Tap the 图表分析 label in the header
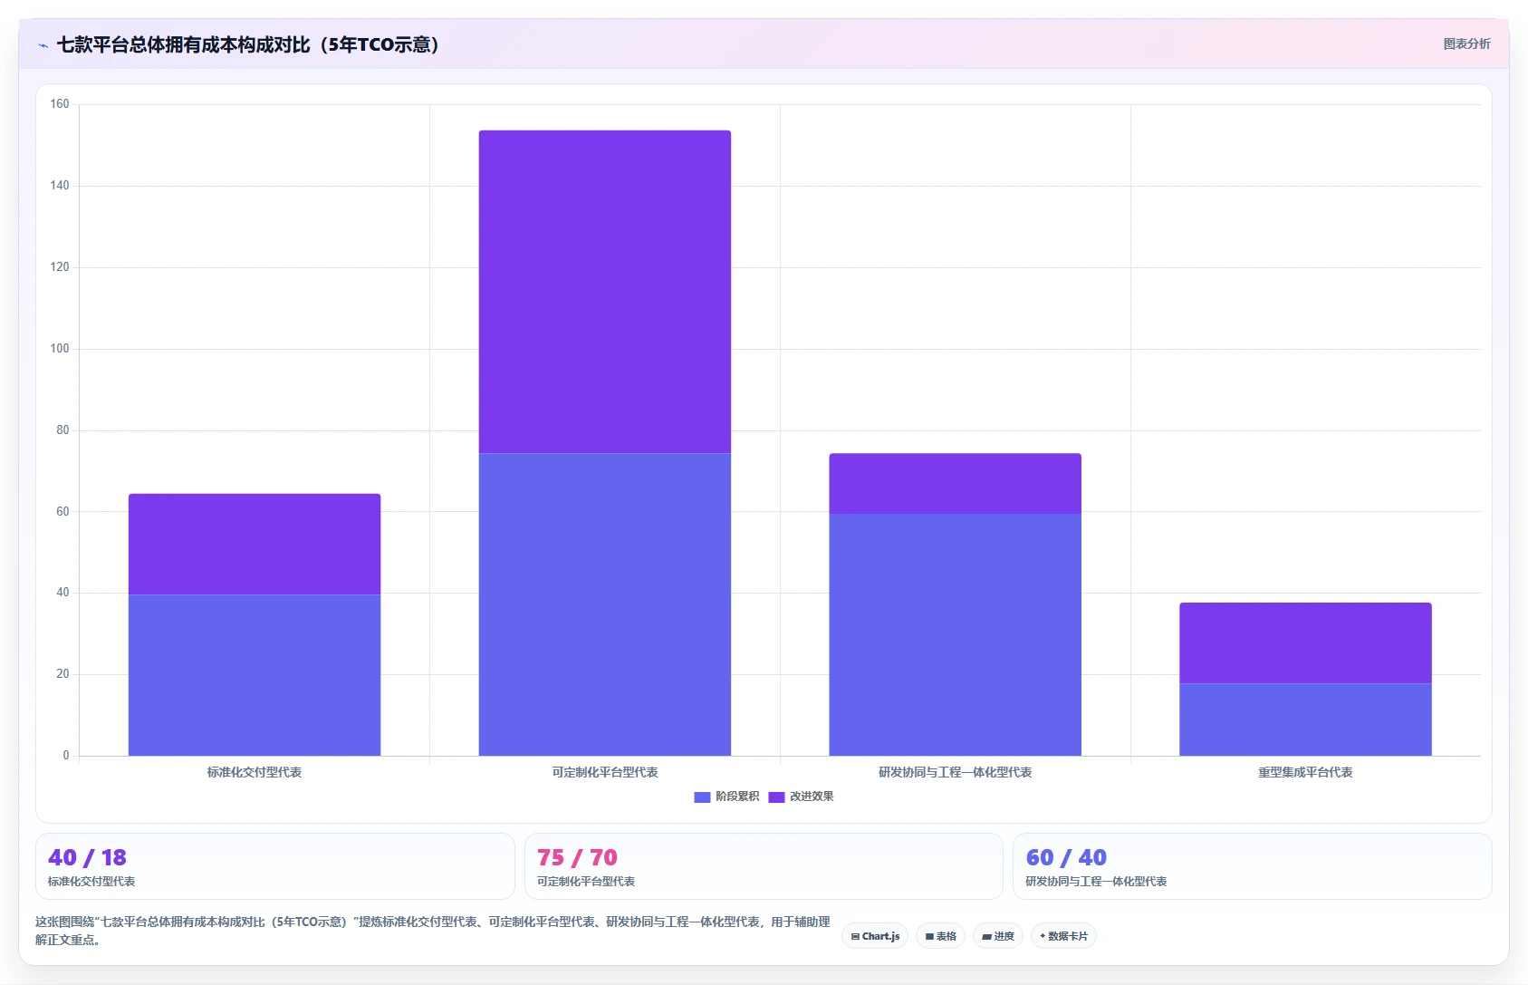[x=1466, y=44]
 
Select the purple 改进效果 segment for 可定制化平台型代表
[x=604, y=292]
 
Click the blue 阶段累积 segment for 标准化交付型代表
[x=255, y=675]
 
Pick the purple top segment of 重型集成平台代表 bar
[x=1305, y=643]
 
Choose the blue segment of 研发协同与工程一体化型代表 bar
[x=955, y=635]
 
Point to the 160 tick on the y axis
[x=60, y=104]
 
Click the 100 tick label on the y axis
[x=60, y=349]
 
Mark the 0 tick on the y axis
[x=66, y=756]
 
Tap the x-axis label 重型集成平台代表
[x=1305, y=773]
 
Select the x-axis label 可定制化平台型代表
[x=604, y=773]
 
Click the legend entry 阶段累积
[x=726, y=797]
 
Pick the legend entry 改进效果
[x=801, y=797]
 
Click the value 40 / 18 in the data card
[x=87, y=857]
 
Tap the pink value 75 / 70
[x=577, y=857]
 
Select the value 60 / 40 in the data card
[x=1066, y=857]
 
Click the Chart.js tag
[x=875, y=936]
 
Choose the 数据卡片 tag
[x=1063, y=936]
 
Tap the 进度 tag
[x=998, y=936]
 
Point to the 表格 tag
[x=941, y=936]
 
